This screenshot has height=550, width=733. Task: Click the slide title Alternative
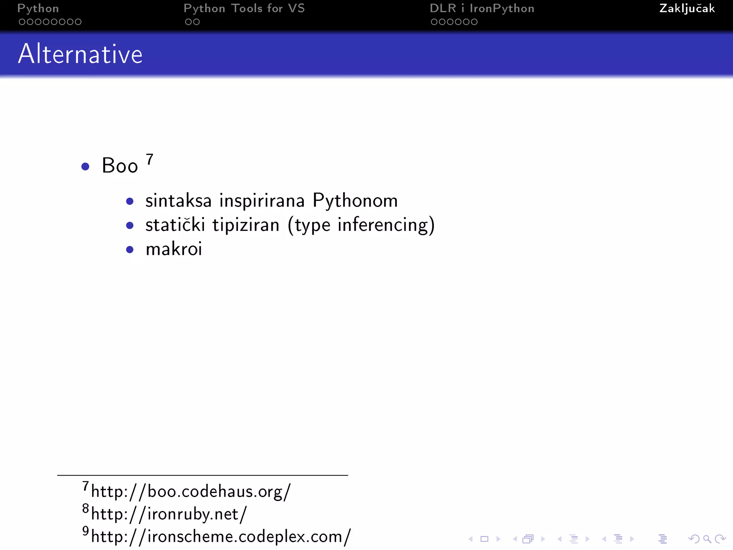click(x=80, y=54)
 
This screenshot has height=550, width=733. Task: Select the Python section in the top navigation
click(x=38, y=9)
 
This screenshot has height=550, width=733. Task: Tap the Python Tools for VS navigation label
click(x=244, y=9)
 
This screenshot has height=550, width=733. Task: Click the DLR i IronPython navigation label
click(x=482, y=9)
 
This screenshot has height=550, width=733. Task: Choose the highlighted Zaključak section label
click(x=687, y=9)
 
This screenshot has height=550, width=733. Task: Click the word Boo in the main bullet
click(x=120, y=166)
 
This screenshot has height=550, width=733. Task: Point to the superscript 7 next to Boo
click(x=150, y=159)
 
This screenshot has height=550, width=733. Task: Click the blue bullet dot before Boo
click(x=85, y=167)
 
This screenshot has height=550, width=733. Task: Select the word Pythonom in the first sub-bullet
click(x=355, y=201)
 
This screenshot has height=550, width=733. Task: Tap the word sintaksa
click(x=178, y=201)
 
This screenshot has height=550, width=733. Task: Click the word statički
click(x=175, y=225)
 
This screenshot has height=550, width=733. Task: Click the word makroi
click(x=174, y=249)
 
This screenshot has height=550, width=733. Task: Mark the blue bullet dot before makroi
click(x=130, y=250)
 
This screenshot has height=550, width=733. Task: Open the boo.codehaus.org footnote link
click(x=190, y=491)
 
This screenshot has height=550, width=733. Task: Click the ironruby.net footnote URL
click(x=169, y=514)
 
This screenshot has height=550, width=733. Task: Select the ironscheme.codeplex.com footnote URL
click(x=220, y=537)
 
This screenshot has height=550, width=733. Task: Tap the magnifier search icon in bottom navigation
click(x=707, y=539)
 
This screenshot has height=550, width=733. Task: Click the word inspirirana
click(x=262, y=201)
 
